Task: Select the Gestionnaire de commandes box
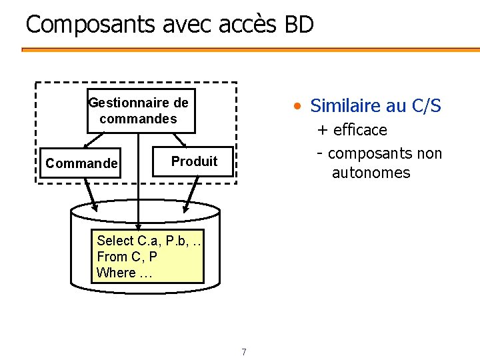click(x=140, y=111)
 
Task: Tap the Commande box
click(x=81, y=163)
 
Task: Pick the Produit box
click(x=194, y=161)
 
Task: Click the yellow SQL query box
click(x=147, y=257)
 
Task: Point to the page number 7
click(x=244, y=352)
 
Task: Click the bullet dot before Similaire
click(x=301, y=106)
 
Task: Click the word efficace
click(x=360, y=129)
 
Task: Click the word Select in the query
click(x=115, y=241)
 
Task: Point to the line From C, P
click(x=127, y=257)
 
